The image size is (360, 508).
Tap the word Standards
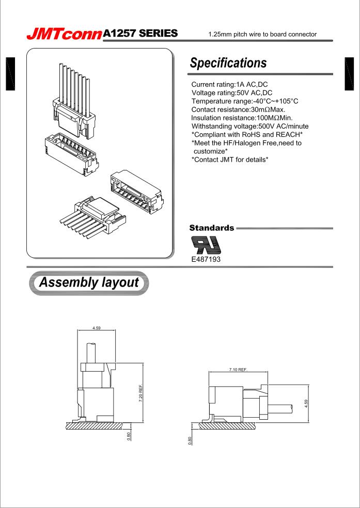click(x=212, y=227)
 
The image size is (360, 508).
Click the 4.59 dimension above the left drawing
click(x=97, y=327)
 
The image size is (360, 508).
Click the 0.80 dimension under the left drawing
click(x=129, y=435)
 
